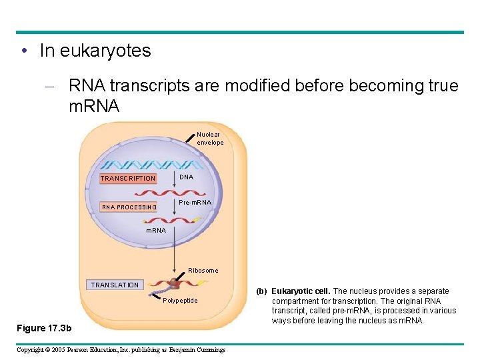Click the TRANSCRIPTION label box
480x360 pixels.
[127, 178]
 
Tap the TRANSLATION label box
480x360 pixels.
[115, 285]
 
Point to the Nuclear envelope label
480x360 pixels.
[210, 139]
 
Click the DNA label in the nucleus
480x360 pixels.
[187, 177]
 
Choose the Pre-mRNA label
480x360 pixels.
[195, 202]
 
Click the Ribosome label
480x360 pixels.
[203, 270]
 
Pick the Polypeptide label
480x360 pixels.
[180, 301]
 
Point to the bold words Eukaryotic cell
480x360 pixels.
[301, 291]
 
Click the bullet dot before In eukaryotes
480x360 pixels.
[24, 51]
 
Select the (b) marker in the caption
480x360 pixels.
[263, 291]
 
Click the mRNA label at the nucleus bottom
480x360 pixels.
[156, 231]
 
